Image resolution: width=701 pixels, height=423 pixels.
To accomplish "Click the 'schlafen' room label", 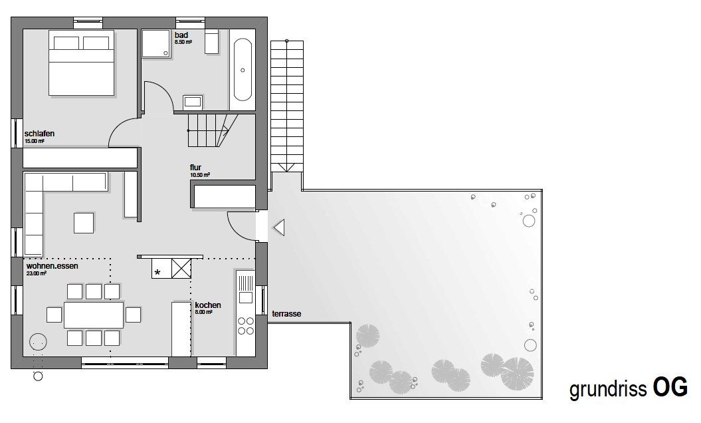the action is tap(39, 134).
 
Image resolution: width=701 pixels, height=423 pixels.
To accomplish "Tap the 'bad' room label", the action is tap(181, 35).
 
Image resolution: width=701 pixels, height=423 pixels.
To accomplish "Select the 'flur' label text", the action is tap(195, 168).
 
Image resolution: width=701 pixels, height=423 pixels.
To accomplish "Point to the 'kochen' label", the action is tap(208, 305).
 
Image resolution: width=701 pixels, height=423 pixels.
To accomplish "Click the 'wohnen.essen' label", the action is tap(52, 266).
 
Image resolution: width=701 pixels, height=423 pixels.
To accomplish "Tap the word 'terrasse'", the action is tap(286, 314).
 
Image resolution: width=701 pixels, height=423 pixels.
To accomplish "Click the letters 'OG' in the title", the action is tap(670, 387).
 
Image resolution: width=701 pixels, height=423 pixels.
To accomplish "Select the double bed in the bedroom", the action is tap(81, 63).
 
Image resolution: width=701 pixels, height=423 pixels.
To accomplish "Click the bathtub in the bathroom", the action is tap(243, 70).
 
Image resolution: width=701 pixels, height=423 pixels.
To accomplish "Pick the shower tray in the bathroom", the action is tap(156, 44).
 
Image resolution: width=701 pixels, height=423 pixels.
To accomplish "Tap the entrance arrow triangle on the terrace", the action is tap(279, 228).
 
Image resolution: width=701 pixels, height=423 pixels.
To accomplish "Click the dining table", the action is tap(94, 315).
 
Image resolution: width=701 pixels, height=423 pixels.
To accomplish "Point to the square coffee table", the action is tap(84, 223).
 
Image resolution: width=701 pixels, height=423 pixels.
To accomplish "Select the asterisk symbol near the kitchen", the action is tap(157, 272).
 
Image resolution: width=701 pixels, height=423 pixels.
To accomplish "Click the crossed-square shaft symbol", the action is tap(181, 268).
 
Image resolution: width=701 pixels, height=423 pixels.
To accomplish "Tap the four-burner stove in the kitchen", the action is tap(245, 326).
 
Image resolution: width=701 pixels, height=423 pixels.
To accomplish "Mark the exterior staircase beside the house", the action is tap(287, 106).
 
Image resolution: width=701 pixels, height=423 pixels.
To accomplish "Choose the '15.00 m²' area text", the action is tap(35, 141).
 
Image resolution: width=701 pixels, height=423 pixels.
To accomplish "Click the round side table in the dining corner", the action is tap(38, 343).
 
